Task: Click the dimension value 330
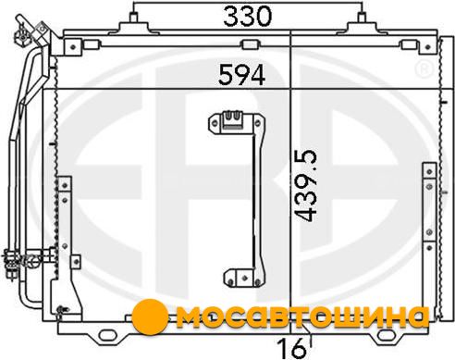[x=248, y=17]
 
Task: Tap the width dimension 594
[x=241, y=75]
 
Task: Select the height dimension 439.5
[x=305, y=185]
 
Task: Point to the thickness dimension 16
[x=291, y=349]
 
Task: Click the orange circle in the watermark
[x=150, y=317]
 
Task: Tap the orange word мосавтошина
[x=302, y=317]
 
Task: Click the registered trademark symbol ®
[x=424, y=69]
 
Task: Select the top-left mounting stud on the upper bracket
[x=133, y=18]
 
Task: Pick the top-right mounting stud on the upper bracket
[x=362, y=18]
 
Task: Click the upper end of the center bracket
[x=237, y=123]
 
